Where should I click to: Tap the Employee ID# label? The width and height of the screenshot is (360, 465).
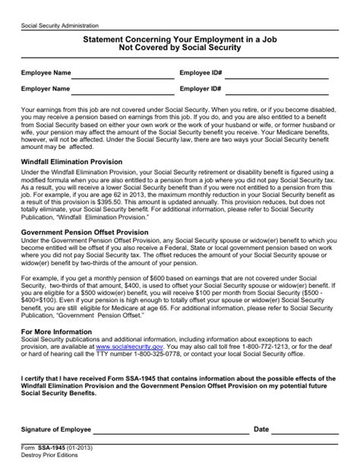[201, 73]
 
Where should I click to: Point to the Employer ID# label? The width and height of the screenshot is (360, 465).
[201, 89]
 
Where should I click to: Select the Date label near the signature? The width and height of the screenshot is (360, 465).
[261, 429]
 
